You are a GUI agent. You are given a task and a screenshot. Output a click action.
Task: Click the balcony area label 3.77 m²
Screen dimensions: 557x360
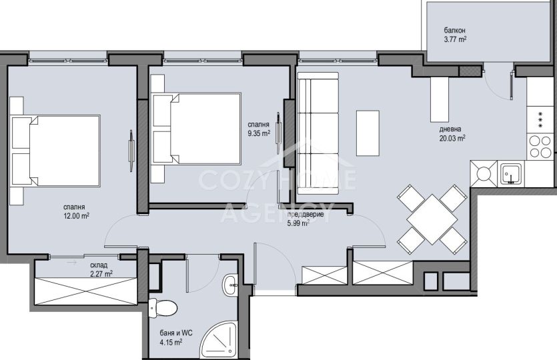[x=455, y=39]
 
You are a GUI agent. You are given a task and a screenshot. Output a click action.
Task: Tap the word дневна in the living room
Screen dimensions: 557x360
[x=450, y=129]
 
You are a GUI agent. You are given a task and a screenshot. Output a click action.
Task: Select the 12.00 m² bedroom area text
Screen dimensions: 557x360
[x=76, y=215]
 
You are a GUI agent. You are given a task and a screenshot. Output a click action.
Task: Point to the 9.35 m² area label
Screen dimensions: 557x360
[x=259, y=133]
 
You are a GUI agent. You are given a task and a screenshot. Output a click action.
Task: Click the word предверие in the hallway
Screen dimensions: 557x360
[x=305, y=215]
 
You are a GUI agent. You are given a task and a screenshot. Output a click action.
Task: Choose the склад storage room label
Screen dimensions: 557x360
[x=99, y=265]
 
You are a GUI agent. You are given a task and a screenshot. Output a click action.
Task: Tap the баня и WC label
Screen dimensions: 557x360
[x=176, y=333]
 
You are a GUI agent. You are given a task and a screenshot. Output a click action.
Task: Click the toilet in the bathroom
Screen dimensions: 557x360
[x=163, y=308]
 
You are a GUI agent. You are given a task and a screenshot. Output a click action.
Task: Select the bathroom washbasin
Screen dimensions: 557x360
[x=231, y=285]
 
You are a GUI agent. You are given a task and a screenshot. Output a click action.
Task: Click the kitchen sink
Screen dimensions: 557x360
[x=511, y=173]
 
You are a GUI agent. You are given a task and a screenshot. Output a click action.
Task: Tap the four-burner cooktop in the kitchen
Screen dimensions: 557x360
[x=540, y=147]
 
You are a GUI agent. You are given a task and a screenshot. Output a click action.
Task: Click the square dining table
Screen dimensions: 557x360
[x=432, y=219]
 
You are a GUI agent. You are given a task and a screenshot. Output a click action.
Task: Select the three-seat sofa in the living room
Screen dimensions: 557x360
[x=318, y=133]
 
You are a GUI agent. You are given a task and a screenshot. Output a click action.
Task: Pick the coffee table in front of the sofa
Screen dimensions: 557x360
[x=368, y=133]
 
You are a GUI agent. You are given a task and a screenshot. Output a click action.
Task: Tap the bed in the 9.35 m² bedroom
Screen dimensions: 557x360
[x=196, y=129]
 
